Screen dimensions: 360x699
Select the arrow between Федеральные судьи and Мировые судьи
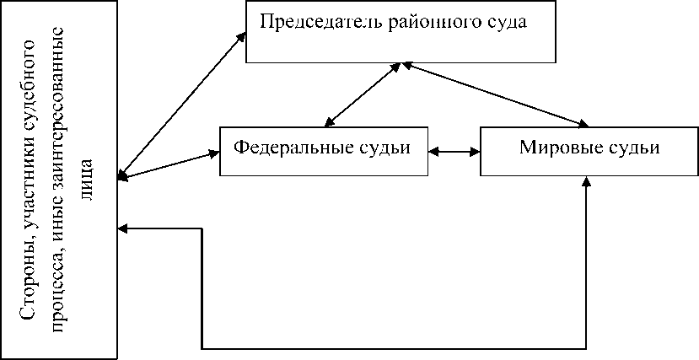[454, 152]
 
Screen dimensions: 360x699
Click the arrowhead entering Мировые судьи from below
[587, 183]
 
